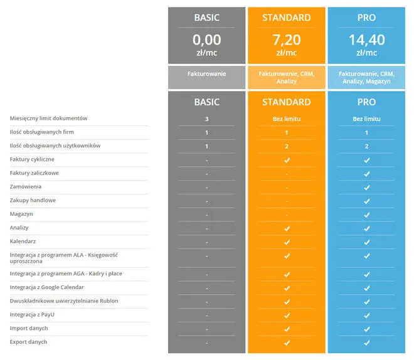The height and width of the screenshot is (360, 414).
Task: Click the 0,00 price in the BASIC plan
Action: click(x=206, y=40)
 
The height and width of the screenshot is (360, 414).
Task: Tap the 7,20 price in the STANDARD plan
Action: click(x=286, y=40)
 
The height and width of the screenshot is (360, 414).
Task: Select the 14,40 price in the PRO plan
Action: click(x=366, y=40)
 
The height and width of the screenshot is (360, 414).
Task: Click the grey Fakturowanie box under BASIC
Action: click(x=206, y=74)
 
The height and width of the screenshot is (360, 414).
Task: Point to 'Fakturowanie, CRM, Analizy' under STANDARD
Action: click(x=286, y=77)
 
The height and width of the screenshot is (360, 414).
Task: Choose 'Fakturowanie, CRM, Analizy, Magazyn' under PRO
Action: click(x=366, y=77)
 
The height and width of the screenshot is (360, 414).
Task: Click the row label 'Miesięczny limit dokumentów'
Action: click(x=48, y=118)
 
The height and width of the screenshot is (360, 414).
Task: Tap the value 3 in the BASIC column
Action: click(x=206, y=119)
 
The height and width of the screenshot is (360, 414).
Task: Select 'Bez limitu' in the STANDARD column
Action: click(x=286, y=119)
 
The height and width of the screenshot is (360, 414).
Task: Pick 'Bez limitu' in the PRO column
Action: click(x=366, y=119)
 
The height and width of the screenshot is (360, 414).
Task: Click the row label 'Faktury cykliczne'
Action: click(x=32, y=159)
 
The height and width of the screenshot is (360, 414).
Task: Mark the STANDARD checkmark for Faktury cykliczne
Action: click(x=287, y=160)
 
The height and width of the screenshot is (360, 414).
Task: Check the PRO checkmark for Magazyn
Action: click(x=367, y=214)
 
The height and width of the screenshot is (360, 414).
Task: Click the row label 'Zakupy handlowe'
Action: click(x=33, y=200)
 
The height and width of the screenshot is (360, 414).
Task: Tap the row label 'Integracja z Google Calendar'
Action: click(x=46, y=287)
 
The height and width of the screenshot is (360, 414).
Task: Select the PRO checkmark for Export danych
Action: click(x=367, y=342)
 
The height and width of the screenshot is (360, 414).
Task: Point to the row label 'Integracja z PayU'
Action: click(x=33, y=314)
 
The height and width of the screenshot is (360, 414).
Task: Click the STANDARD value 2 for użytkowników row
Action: click(x=286, y=146)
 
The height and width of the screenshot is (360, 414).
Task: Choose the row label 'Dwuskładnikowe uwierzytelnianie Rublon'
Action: click(x=64, y=301)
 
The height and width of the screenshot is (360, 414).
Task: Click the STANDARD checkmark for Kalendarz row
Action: click(x=287, y=241)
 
